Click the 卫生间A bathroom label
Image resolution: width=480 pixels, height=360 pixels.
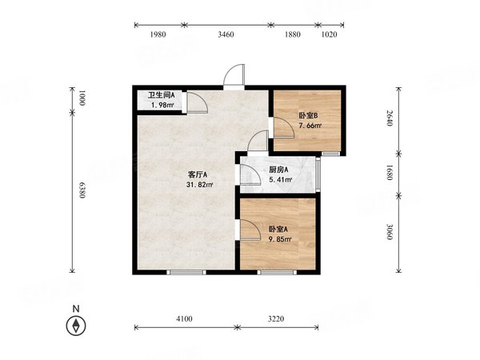pos(162,95)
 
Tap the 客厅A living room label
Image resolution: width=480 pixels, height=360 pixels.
pos(198,174)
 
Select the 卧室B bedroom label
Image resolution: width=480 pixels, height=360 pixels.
pos(308,115)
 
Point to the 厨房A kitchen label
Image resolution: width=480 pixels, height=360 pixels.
pos(278,170)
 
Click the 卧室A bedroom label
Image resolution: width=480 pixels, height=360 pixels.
pos(278,230)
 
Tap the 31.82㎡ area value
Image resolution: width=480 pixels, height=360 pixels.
pos(199,185)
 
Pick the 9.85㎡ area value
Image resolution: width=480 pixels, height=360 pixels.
pos(280,239)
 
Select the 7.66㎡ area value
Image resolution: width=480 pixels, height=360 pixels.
pos(310,126)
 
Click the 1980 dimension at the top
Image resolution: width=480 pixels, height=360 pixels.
pos(158,34)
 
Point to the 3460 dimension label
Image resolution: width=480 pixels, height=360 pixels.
pos(226,34)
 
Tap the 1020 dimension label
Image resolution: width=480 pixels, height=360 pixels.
pos(329,34)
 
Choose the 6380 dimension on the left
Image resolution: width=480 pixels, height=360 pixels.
pos(82,190)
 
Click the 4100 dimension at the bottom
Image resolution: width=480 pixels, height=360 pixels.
pos(184,318)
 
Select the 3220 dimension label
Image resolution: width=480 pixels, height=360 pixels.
pos(276,318)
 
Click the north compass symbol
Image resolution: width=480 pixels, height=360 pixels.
pos(76,326)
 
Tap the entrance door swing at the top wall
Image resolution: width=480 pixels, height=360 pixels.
pos(234,75)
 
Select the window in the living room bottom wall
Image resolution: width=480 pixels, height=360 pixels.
pos(186,272)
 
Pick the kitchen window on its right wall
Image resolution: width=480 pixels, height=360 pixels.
pos(318,174)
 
